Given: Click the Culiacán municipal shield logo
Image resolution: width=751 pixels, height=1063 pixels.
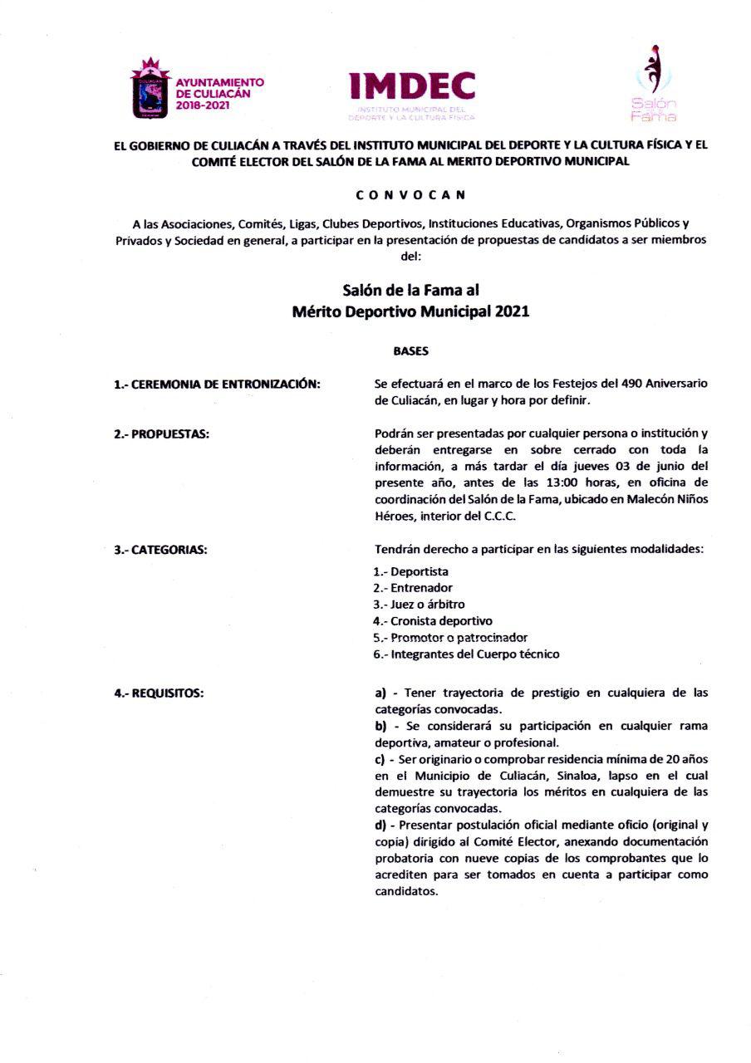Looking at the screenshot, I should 150,87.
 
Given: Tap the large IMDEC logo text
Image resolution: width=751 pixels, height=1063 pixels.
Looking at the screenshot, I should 412,86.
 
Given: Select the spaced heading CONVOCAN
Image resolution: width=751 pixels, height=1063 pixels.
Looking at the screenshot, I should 410,195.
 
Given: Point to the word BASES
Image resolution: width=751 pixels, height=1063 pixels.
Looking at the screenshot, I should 410,351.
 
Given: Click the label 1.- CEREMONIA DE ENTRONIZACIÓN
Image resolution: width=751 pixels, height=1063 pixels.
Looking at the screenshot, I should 217,384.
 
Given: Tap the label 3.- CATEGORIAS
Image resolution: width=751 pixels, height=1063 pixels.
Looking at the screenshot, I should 160,550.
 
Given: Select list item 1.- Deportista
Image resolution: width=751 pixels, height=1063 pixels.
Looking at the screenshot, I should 413,571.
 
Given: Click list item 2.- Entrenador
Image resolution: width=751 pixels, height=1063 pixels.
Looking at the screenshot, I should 414,588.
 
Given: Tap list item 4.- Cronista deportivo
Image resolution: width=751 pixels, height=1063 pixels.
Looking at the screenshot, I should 433,621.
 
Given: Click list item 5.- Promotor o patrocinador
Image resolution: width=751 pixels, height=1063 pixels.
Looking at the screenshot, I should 450,638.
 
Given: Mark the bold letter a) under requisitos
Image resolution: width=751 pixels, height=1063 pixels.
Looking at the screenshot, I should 380,693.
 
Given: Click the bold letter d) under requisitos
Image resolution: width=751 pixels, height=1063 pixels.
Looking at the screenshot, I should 380,825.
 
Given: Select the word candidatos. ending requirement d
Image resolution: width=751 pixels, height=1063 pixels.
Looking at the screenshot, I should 406,892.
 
